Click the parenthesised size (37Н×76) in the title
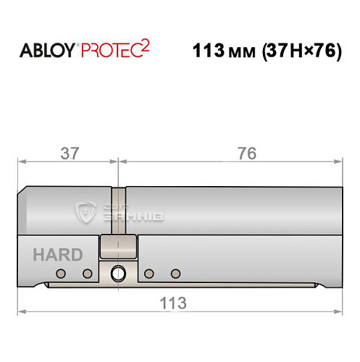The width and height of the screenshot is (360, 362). coord(296,53)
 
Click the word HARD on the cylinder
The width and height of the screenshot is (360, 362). coord(56,255)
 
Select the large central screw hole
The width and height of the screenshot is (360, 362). coord(117,274)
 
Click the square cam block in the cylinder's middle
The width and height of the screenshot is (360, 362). coord(117,247)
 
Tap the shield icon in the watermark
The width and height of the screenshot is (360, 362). coord(86,211)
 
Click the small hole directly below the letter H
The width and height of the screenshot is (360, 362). coord(61,274)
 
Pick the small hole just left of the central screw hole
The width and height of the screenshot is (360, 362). coord(88,274)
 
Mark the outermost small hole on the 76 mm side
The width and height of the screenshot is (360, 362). coord(175,274)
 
